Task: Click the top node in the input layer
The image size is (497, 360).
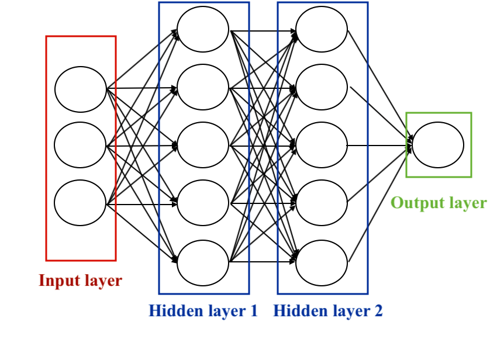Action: coord(81,89)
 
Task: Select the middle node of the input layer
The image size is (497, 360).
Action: coord(81,145)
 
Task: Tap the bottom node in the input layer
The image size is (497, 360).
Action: coord(81,203)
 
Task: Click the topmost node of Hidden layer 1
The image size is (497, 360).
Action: coord(203,29)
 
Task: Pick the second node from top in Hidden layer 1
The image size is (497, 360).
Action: coord(203,88)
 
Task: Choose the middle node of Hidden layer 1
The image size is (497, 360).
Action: coord(203,145)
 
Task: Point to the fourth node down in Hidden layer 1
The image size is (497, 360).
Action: coord(203,203)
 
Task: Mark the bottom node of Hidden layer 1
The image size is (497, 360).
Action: coord(203,262)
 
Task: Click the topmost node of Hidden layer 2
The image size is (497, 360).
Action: coord(322,29)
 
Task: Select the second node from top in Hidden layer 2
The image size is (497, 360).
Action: coord(322,88)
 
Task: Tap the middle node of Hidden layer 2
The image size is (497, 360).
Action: coord(322,145)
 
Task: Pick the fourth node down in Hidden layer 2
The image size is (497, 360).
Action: coord(322,203)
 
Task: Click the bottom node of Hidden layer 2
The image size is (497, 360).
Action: coord(322,262)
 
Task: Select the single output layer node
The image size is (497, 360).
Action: coord(439,145)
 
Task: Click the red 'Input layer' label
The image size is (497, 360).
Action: coord(81,281)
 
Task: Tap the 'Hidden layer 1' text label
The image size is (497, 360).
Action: coord(203,311)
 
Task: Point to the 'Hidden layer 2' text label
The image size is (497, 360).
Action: coord(328,311)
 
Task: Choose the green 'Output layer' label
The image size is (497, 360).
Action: coord(439,203)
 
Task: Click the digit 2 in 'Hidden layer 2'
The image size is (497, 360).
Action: coord(378,311)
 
